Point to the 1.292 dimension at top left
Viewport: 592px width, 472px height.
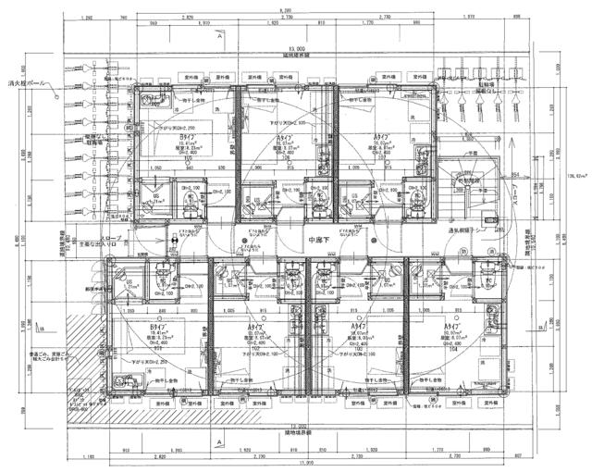pos(86,17)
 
